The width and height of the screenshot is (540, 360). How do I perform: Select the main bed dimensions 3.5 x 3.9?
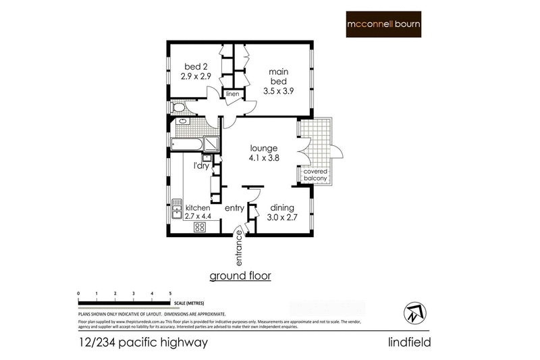click(279, 90)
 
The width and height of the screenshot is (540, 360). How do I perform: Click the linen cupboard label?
click(233, 94)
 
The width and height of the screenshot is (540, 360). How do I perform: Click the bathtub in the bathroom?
click(187, 144)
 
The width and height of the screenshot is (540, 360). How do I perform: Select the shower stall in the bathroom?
click(212, 143)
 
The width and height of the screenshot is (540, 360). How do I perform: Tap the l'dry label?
click(202, 165)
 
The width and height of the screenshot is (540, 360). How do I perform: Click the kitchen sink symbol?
click(177, 208)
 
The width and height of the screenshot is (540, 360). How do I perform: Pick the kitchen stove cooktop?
click(200, 228)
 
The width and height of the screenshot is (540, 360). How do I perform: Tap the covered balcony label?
click(315, 176)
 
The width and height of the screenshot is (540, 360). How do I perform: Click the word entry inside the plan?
click(234, 208)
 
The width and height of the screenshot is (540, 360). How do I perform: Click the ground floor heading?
click(240, 276)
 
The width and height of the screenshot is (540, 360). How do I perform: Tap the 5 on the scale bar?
click(170, 293)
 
